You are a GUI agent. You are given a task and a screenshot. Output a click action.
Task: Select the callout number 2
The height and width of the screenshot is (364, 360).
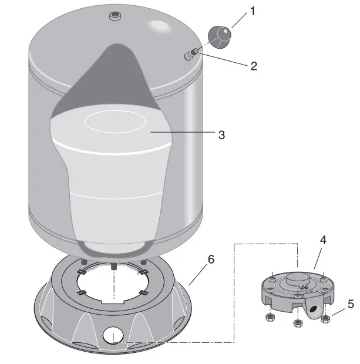coord(253,66)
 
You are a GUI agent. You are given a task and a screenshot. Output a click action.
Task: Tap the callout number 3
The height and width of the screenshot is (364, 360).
coord(221,134)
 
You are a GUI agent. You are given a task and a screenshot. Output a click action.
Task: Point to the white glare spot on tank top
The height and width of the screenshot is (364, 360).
coord(160,27)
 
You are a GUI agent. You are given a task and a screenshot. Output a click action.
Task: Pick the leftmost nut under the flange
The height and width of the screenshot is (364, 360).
coord(270,318)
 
